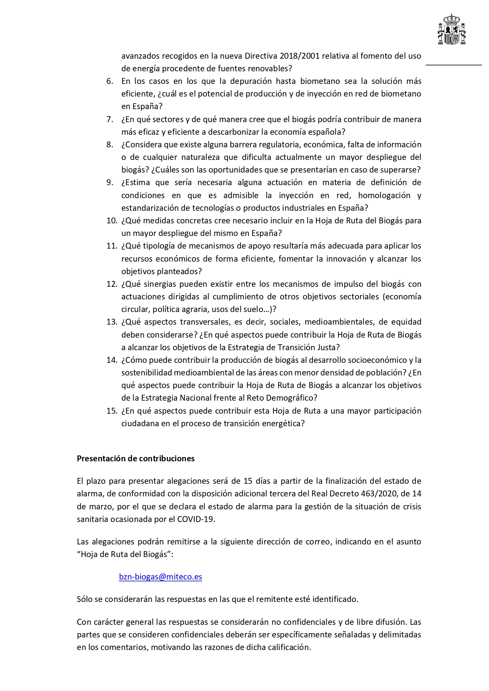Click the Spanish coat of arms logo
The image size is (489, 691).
[452, 30]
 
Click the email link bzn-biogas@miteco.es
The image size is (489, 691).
[160, 577]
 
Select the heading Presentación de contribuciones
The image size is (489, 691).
[136, 459]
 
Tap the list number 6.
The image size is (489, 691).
[110, 81]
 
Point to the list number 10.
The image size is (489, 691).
[112, 221]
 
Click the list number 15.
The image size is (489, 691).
[112, 411]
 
